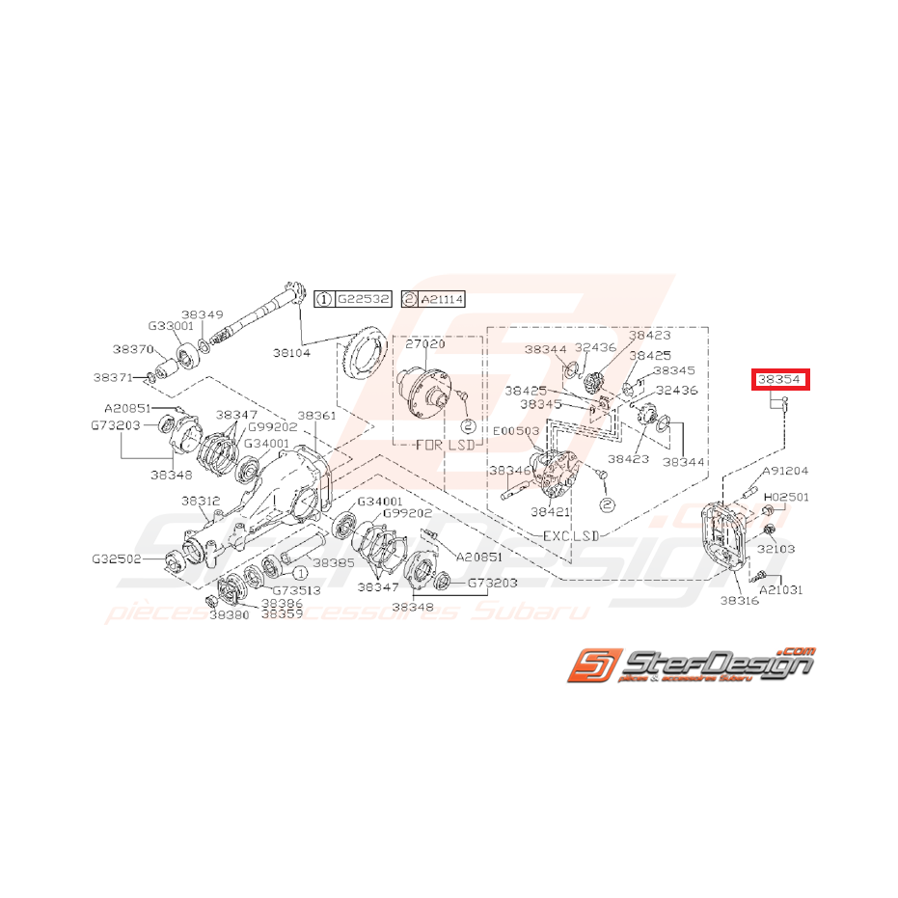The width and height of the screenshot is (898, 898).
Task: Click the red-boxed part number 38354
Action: coord(781,380)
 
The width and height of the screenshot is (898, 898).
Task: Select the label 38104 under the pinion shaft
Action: coord(320,353)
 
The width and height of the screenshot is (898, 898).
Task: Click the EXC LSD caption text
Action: coord(565,533)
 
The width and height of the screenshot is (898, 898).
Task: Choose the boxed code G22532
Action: coord(363,300)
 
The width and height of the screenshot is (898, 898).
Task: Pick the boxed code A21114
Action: coord(440,300)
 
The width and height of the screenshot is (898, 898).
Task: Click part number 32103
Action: coord(776,547)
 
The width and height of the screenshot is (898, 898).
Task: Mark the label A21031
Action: coord(781,588)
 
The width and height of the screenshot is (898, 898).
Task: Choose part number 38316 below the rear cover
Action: coord(740,600)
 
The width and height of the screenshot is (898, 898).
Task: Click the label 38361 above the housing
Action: coord(316,416)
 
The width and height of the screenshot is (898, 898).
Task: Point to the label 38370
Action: coord(131,349)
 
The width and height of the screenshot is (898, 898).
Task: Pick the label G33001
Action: coord(172,326)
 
